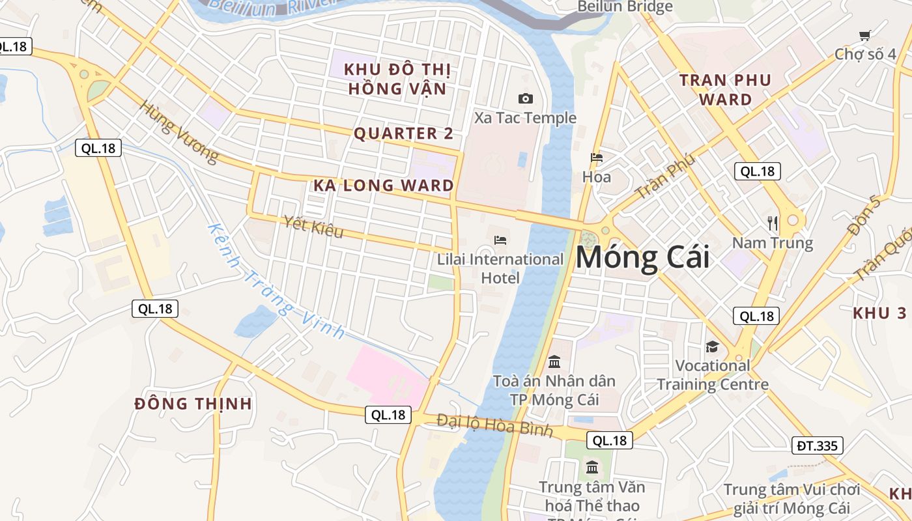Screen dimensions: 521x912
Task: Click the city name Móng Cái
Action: click(x=642, y=257)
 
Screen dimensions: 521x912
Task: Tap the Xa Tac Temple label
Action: click(x=525, y=118)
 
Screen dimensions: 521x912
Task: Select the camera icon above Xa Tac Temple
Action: click(x=525, y=99)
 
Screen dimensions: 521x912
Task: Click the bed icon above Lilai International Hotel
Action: click(x=500, y=240)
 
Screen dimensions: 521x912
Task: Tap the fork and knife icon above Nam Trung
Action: click(x=773, y=223)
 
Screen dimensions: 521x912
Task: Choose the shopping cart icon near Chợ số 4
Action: click(x=864, y=36)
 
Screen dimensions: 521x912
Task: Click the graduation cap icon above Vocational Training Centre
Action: click(x=712, y=346)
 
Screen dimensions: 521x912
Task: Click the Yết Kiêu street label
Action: click(x=313, y=227)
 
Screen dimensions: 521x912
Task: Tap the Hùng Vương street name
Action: click(x=179, y=133)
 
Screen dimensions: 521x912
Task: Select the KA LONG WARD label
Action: click(x=384, y=186)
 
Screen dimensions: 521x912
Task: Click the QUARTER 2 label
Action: click(x=403, y=134)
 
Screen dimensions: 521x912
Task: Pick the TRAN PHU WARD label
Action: click(x=725, y=90)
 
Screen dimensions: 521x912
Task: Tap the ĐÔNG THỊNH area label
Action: click(x=193, y=404)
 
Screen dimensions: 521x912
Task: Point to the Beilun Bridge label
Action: click(x=625, y=7)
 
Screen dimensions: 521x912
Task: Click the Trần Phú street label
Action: click(x=665, y=176)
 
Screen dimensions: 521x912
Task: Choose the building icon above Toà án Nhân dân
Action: click(x=554, y=361)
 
